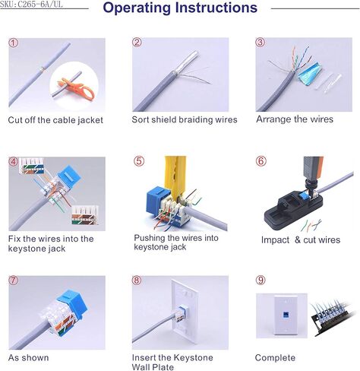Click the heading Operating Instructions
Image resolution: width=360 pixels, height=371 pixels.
(179, 9)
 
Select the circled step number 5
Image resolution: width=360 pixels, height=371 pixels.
(138, 161)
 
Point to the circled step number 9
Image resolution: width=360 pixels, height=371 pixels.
(261, 281)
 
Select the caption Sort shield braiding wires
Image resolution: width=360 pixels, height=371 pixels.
(185, 119)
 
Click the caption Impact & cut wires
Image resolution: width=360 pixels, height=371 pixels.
(301, 240)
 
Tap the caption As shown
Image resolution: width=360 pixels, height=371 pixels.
(28, 357)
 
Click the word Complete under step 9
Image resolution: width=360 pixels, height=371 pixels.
(275, 357)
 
